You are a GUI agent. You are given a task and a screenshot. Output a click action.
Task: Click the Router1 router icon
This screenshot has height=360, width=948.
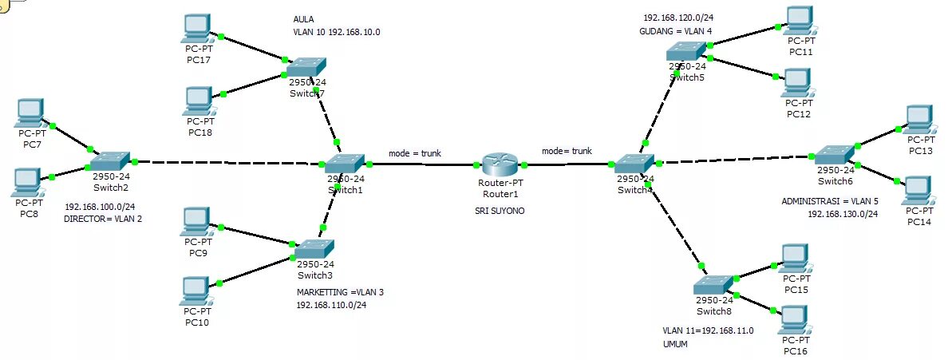coord(500,164)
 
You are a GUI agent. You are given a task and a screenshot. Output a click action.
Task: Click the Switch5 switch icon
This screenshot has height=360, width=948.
coord(687,51)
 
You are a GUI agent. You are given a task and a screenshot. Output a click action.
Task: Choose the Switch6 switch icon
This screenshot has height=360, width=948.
coord(835,153)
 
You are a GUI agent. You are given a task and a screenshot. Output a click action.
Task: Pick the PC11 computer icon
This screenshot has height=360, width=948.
coord(800,20)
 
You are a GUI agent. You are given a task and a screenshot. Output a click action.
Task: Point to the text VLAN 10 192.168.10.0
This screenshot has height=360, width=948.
coord(336,32)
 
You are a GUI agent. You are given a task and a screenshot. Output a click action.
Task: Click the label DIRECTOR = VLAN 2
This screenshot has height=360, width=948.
coord(103,220)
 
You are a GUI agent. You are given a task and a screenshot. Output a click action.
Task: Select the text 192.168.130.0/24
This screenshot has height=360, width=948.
coord(843,214)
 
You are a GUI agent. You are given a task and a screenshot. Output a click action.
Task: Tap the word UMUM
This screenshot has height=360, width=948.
coord(674,344)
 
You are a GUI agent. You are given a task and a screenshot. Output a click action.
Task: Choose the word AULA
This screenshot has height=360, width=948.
coord(303,18)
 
